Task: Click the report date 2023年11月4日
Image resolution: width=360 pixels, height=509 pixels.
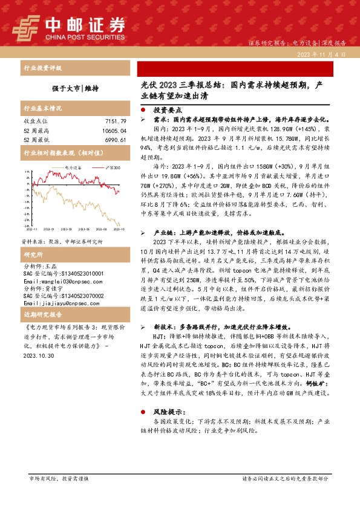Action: point(321,54)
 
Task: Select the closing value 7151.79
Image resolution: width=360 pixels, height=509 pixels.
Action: point(114,122)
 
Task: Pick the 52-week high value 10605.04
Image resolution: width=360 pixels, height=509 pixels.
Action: point(113,131)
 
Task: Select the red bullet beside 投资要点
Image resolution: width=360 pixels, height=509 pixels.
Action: point(143,111)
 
